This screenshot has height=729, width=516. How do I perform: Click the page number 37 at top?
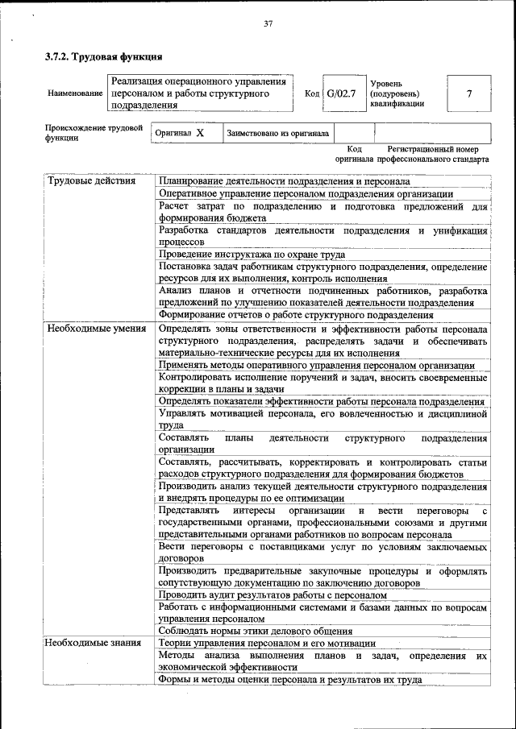[268, 24]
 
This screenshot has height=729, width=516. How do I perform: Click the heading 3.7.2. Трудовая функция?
[103, 57]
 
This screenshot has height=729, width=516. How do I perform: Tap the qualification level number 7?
[468, 93]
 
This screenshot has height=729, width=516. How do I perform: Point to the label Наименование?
[75, 93]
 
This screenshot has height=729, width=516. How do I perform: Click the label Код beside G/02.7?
[311, 93]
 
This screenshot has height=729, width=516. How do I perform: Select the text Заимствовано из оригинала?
[278, 134]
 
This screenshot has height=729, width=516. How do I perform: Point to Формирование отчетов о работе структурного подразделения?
[296, 315]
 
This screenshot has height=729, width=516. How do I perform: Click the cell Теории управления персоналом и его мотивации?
[267, 643]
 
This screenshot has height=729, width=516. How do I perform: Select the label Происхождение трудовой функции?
[94, 133]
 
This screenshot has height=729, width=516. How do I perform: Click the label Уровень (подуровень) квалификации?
[396, 93]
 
